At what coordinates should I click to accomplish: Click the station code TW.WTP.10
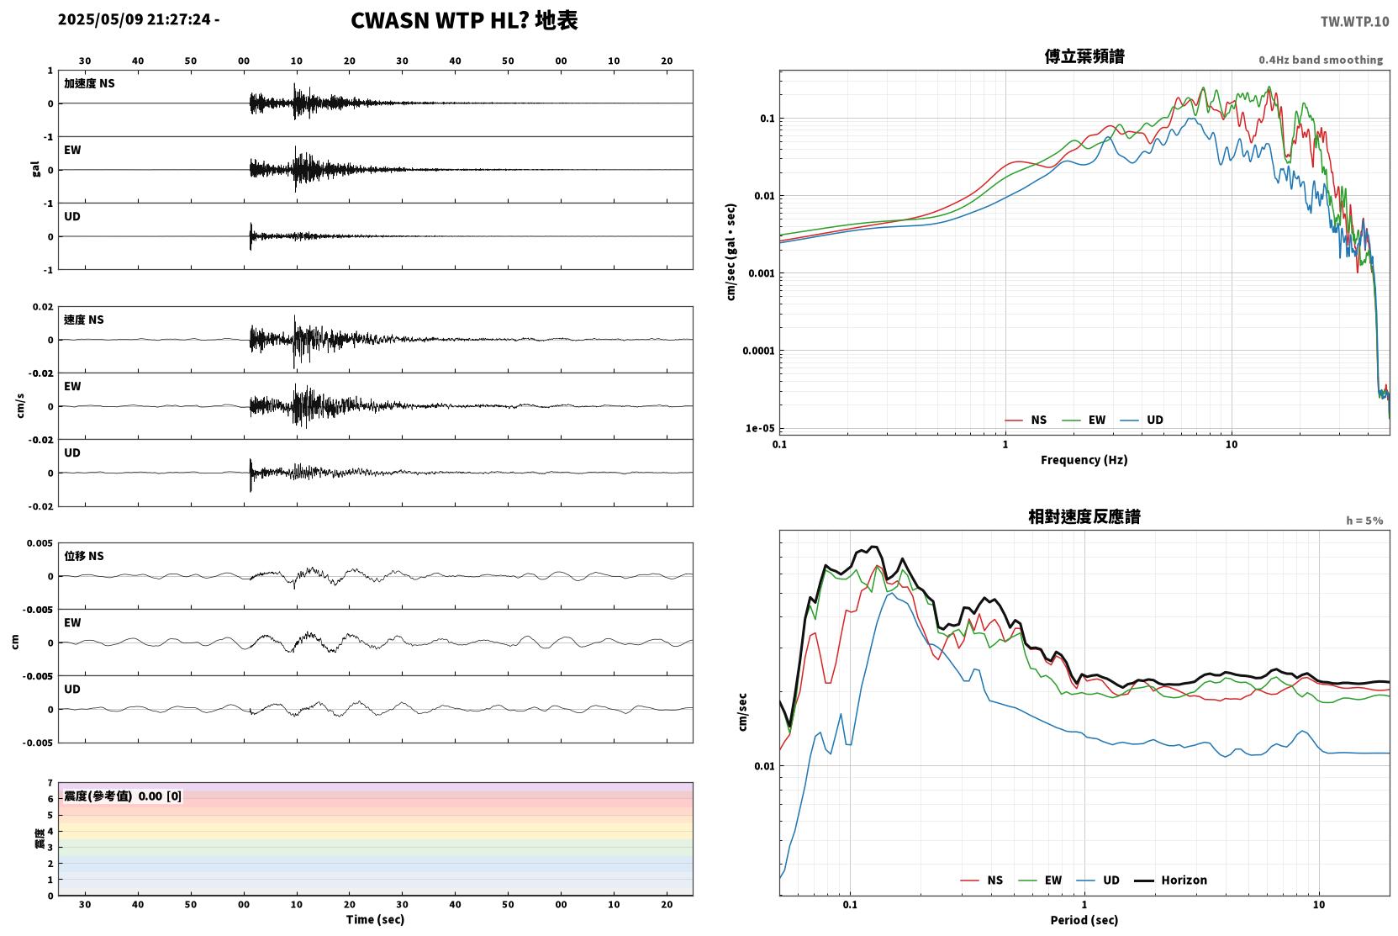click(x=1354, y=21)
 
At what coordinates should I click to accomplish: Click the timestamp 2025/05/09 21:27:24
click(x=135, y=19)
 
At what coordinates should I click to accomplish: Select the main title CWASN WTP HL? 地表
click(x=464, y=20)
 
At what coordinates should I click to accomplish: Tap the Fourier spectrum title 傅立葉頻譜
click(x=1084, y=56)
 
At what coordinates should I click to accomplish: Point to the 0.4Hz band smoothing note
click(x=1321, y=60)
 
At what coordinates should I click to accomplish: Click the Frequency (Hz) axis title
click(x=1084, y=460)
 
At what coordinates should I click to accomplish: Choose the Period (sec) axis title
click(x=1084, y=920)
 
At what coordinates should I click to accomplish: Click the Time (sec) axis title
click(x=375, y=919)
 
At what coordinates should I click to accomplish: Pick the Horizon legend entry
click(x=1170, y=880)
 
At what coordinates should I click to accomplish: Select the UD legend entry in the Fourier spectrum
click(x=1142, y=420)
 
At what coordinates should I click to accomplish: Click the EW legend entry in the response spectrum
click(x=1040, y=880)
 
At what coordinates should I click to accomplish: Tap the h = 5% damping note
click(x=1364, y=521)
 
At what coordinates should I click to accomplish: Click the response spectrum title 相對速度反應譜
click(x=1084, y=516)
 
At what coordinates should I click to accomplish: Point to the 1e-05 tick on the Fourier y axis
click(x=760, y=428)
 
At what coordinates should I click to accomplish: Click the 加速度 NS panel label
click(x=89, y=83)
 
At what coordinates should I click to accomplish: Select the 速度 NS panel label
click(x=83, y=320)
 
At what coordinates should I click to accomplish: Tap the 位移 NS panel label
click(x=83, y=556)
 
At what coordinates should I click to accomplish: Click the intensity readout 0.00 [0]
click(x=160, y=796)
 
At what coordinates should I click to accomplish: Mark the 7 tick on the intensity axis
click(x=50, y=783)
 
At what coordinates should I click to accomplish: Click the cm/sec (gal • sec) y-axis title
click(x=731, y=252)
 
